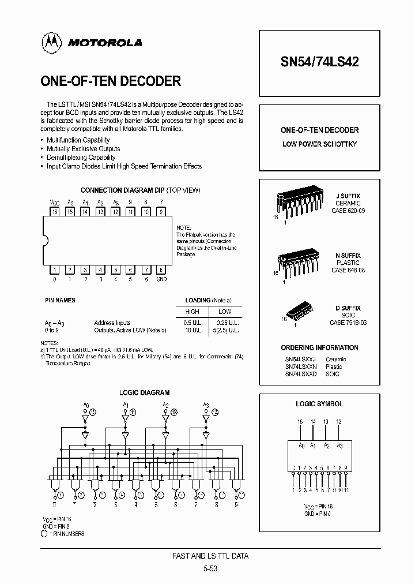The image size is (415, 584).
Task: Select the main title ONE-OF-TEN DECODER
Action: (x=111, y=81)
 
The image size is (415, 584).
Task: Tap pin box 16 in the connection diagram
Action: (x=55, y=212)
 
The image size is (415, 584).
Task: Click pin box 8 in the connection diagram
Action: (x=161, y=269)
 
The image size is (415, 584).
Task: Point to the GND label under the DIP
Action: (x=161, y=279)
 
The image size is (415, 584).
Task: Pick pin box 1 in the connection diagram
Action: (x=55, y=269)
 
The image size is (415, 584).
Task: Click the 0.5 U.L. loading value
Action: (x=192, y=323)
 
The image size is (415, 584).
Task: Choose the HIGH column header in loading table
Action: (x=193, y=311)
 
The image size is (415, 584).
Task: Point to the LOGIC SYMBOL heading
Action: (x=319, y=404)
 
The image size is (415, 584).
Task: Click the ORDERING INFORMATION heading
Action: (x=319, y=348)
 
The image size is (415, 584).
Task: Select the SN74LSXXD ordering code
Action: (x=300, y=374)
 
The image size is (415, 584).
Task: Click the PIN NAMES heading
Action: (x=60, y=301)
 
